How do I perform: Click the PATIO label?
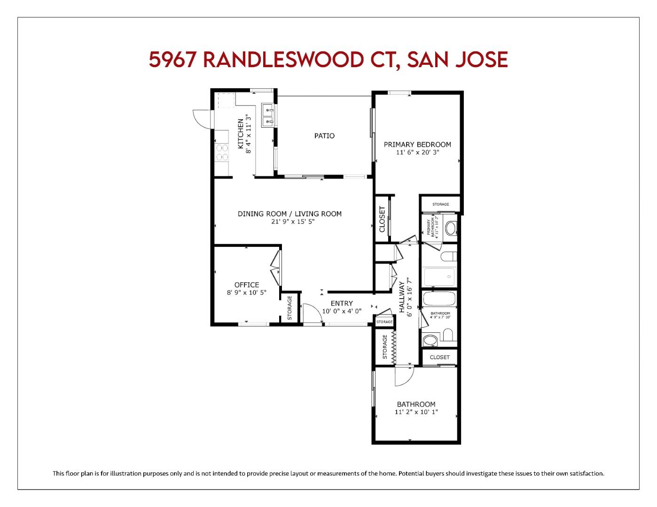point(324,136)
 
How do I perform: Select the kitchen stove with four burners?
point(222,153)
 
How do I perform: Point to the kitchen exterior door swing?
point(202,119)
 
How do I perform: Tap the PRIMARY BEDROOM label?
point(417,145)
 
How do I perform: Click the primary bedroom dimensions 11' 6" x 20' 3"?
point(417,152)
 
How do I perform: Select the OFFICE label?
point(247,284)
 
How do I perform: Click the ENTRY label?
point(341,303)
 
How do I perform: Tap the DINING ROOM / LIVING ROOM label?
point(289,214)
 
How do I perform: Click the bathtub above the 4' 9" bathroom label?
point(439,299)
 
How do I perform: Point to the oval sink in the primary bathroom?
point(450,228)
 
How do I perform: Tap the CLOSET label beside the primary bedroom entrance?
point(382,219)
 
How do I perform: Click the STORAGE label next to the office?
point(289,308)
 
